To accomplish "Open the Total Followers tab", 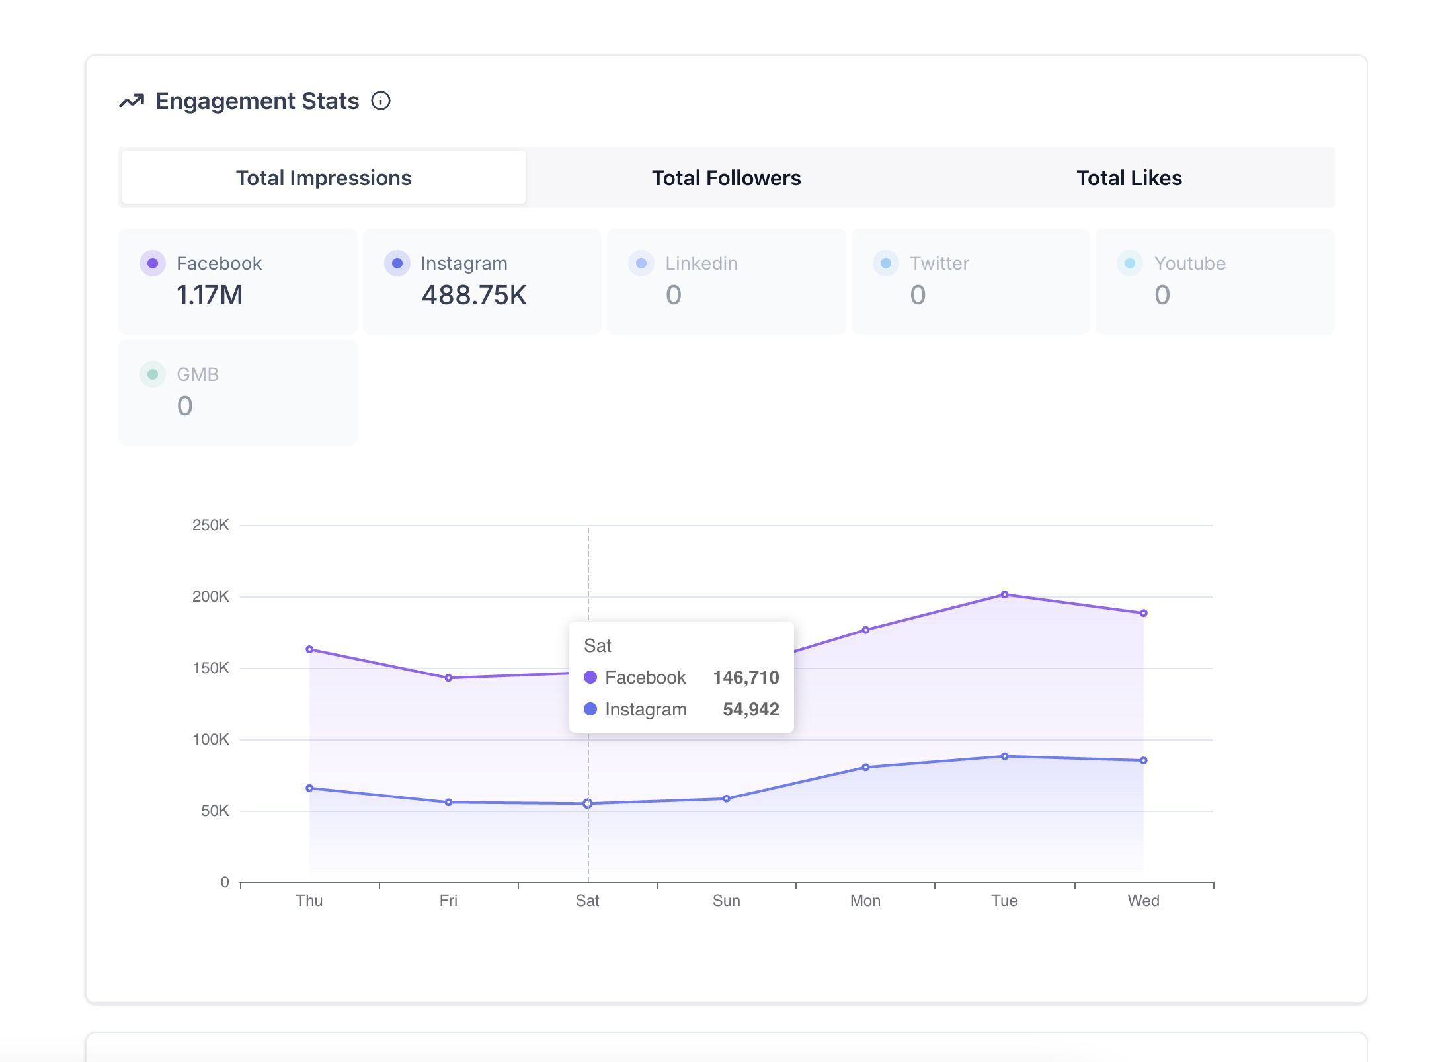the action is click(726, 178).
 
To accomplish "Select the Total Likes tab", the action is click(1129, 178).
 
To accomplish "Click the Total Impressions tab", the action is click(324, 178).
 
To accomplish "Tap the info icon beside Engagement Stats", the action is click(381, 101).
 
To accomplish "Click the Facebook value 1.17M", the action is click(210, 295).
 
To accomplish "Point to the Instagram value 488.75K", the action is click(474, 295).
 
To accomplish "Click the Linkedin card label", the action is click(701, 263).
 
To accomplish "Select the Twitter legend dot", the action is click(886, 263).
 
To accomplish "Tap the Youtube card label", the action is click(1190, 263).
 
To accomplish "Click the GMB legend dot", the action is click(153, 374).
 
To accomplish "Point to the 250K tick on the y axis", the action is click(211, 525).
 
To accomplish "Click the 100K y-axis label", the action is click(211, 739).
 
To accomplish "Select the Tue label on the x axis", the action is click(1004, 901).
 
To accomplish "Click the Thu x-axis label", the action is click(309, 901).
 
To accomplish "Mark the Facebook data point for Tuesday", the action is click(1005, 594).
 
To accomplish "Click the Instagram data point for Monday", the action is click(865, 767).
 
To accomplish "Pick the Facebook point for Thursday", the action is click(309, 649).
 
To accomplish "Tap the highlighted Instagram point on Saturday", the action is click(587, 803).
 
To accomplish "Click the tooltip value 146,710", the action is click(746, 677).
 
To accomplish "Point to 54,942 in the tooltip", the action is click(751, 709).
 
